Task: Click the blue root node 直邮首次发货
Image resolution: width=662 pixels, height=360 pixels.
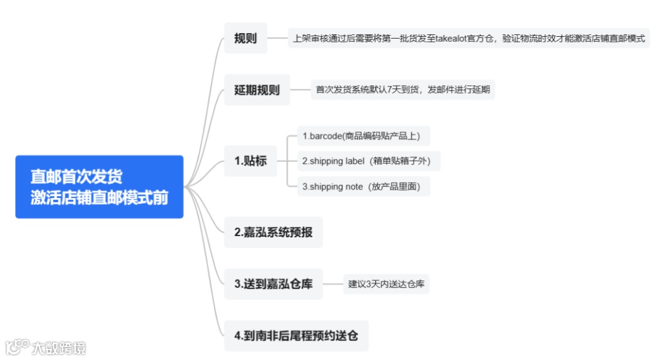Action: tap(99, 187)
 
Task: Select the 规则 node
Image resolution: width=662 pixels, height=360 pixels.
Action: tap(245, 38)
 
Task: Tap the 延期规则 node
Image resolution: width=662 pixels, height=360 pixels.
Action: tap(256, 90)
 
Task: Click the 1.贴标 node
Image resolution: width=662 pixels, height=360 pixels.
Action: tap(250, 162)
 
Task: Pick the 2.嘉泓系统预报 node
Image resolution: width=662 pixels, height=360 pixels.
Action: tap(273, 233)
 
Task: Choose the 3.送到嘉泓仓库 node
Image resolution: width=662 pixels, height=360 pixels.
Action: tap(273, 284)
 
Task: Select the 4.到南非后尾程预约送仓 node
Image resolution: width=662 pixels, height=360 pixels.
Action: tap(296, 335)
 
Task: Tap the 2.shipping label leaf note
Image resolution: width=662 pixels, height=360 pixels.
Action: tap(368, 161)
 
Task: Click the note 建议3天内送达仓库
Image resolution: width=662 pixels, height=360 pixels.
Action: tap(386, 284)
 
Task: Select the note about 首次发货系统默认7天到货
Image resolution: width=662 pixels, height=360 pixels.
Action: tap(403, 90)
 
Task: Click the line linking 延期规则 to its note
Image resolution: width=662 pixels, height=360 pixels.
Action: tap(300, 90)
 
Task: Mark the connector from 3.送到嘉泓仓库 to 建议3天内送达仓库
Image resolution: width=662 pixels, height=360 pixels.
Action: tap(333, 284)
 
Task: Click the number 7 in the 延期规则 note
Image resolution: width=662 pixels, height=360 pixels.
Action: tap(389, 90)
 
